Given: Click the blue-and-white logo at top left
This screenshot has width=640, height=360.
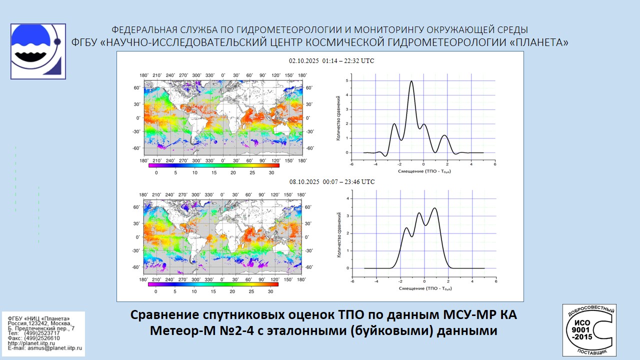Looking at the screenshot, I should pyautogui.click(x=38, y=51).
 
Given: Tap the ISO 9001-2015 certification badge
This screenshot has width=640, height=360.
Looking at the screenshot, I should pyautogui.click(x=589, y=330).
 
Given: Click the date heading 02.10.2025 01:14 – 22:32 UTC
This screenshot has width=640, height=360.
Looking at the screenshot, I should pyautogui.click(x=331, y=61).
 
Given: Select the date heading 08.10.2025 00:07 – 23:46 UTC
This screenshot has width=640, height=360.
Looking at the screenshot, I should pyautogui.click(x=331, y=182).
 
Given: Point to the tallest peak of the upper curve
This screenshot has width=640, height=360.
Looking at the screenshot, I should pyautogui.click(x=411, y=81).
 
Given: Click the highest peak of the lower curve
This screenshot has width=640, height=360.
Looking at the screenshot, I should pyautogui.click(x=434, y=208).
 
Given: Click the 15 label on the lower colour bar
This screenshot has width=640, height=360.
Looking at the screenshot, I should pyautogui.click(x=213, y=291).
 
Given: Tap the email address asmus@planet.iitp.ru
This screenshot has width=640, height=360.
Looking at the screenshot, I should pyautogui.click(x=50, y=347).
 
